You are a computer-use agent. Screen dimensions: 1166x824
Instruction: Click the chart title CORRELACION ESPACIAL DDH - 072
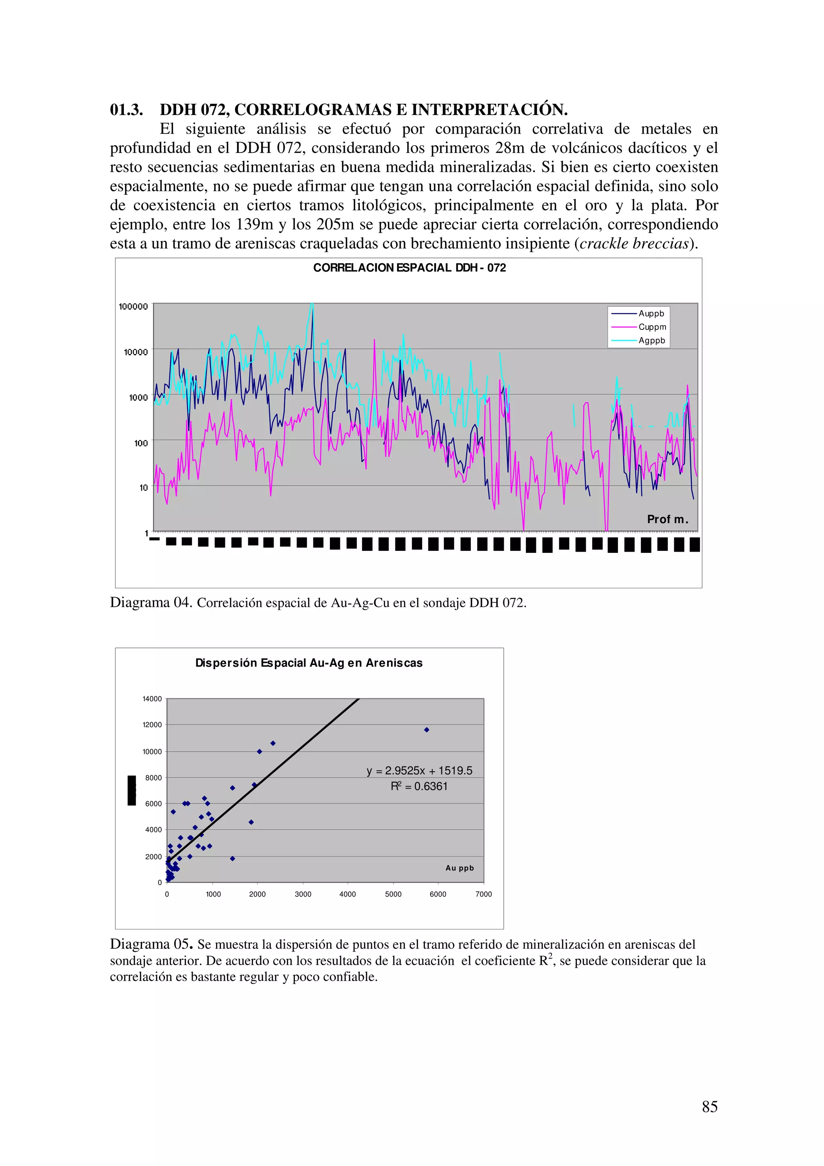coord(409,268)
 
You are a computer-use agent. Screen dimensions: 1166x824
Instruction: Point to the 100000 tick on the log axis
coord(133,306)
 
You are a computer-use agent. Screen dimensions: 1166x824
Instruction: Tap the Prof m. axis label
coord(667,519)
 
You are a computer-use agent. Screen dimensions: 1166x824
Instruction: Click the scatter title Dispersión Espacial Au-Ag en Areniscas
coord(309,663)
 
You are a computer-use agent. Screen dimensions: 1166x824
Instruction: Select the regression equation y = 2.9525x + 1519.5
coord(419,770)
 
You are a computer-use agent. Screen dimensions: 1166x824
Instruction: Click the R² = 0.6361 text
coord(419,786)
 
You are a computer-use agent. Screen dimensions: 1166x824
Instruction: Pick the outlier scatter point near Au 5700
coord(426,730)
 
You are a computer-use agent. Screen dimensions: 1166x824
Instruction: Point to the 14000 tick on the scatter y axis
coord(152,699)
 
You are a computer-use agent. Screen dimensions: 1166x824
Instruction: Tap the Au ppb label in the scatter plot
coord(459,868)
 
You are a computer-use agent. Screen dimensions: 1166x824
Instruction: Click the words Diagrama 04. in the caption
coord(151,603)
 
